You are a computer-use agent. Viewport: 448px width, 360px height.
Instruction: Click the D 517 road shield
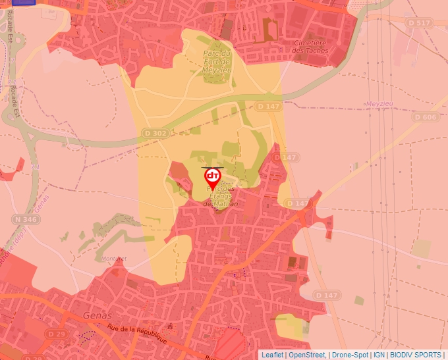pyautogui.click(x=419, y=23)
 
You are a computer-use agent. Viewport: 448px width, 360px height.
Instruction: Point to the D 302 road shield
pyautogui.click(x=155, y=132)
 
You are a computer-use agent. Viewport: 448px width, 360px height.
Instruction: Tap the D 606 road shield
pyautogui.click(x=426, y=117)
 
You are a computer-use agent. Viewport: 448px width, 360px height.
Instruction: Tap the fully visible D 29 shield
pyautogui.click(x=57, y=334)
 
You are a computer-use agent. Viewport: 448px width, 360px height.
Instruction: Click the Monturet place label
pyautogui.click(x=114, y=259)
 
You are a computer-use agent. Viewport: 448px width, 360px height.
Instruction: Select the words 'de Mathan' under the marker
pyautogui.click(x=221, y=203)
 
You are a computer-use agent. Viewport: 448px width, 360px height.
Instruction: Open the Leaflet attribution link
pyautogui.click(x=271, y=355)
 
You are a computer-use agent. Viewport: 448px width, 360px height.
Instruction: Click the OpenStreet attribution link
pyautogui.click(x=308, y=355)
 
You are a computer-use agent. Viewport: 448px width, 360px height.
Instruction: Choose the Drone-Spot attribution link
pyautogui.click(x=350, y=355)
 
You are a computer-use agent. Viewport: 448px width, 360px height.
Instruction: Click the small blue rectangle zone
pyautogui.click(x=24, y=2)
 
